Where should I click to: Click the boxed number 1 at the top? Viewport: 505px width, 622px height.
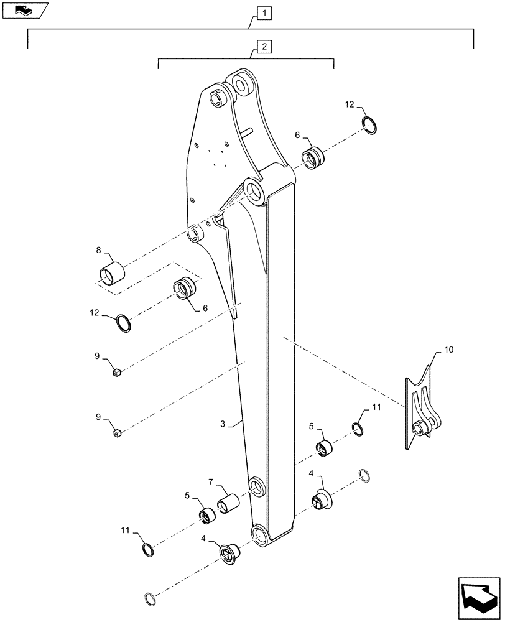(266, 12)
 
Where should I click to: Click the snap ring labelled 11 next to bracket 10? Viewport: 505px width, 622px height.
(358, 429)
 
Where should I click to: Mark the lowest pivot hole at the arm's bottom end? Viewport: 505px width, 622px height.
(257, 533)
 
